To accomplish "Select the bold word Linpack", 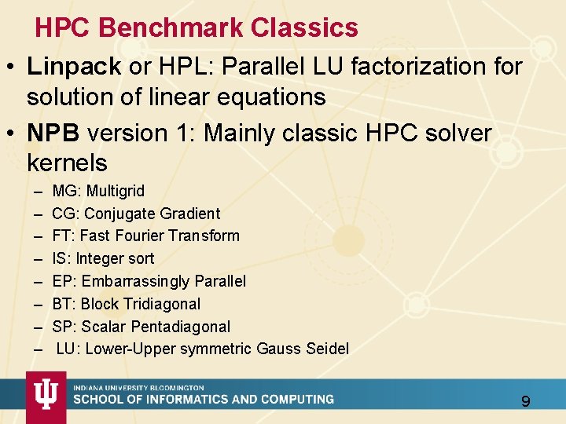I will [x=73, y=67].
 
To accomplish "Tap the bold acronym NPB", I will [x=53, y=133].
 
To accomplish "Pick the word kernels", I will [x=67, y=163].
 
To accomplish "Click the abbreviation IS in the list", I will [x=59, y=258].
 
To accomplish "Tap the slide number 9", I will [x=526, y=402].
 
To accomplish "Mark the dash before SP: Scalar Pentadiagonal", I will [x=38, y=327].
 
